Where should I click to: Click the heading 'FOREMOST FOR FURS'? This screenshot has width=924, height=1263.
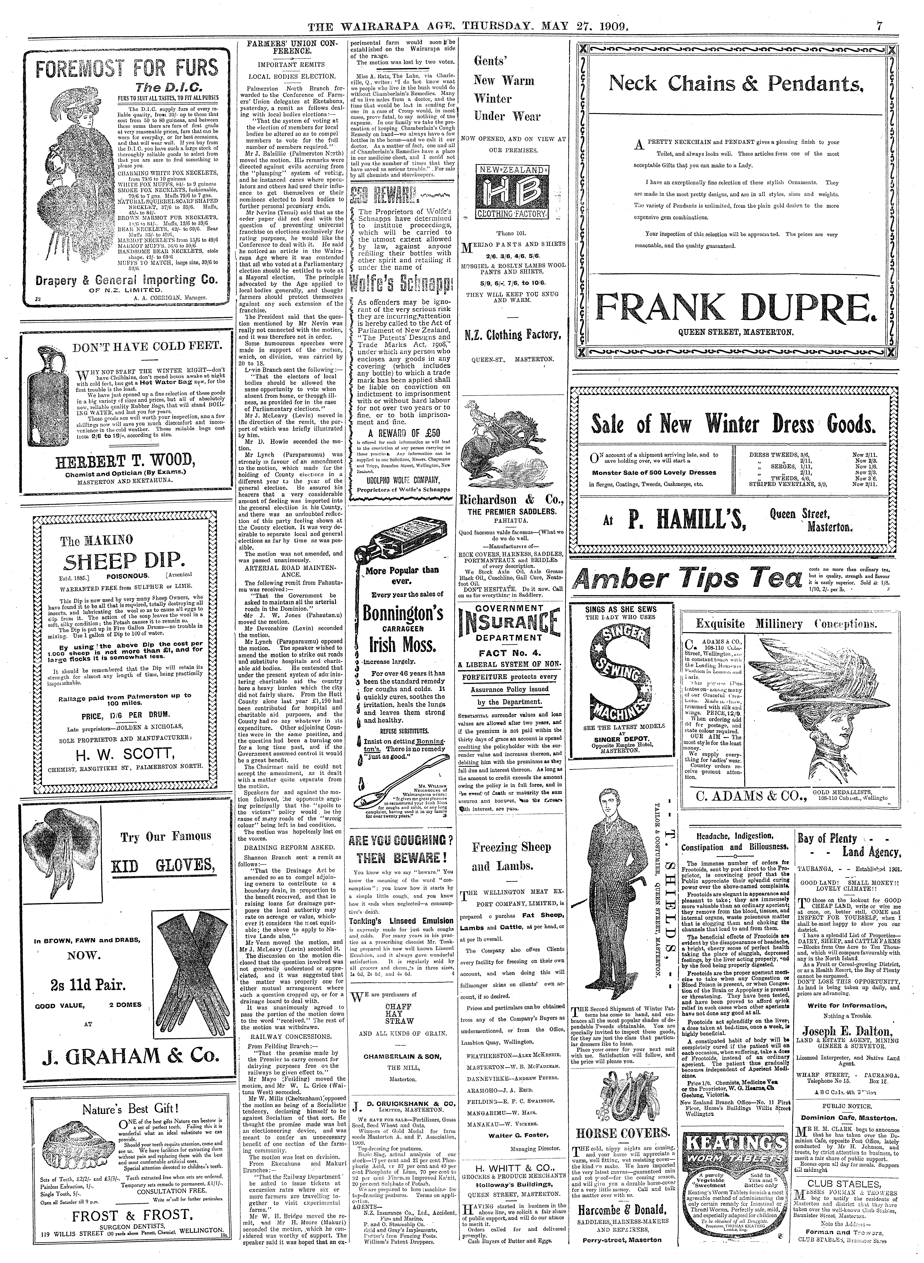coord(127,68)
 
